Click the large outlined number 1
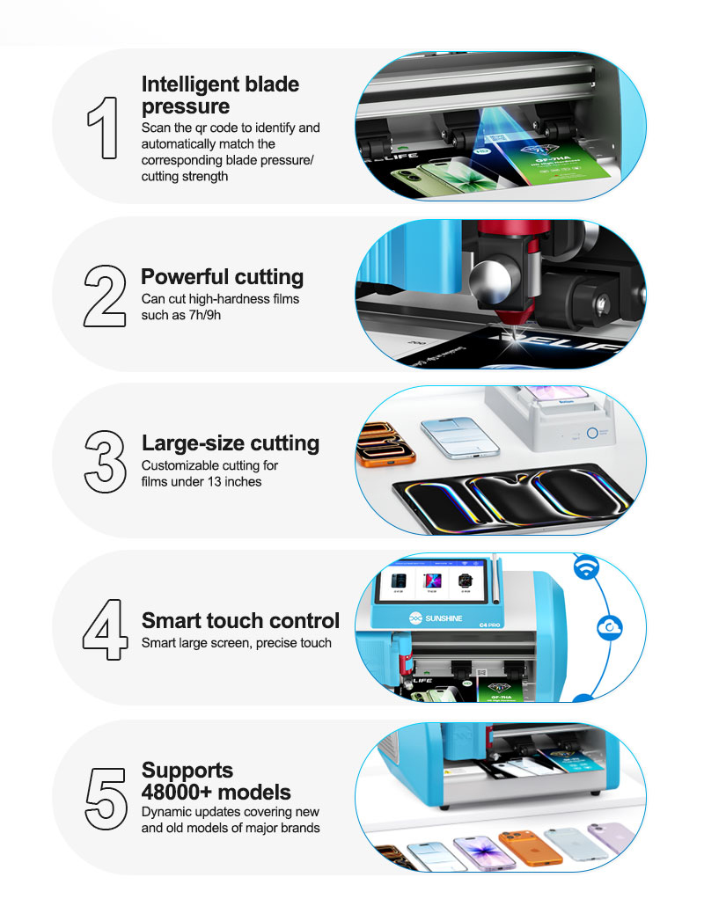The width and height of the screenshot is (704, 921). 105,128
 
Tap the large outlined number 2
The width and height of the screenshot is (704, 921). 105,296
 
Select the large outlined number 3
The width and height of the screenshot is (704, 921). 106,462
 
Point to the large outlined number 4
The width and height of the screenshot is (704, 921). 106,629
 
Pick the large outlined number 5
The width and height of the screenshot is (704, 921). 106,799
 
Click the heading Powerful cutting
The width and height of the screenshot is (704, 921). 222,277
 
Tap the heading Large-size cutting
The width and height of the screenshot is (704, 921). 231,443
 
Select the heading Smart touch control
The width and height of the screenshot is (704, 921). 240,620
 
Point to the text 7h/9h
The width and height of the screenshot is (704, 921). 205,315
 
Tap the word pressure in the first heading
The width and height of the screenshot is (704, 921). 186,106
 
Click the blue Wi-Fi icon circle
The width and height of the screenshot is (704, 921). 586,567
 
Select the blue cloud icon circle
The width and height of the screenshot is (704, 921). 609,628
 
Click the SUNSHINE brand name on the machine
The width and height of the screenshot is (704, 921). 444,618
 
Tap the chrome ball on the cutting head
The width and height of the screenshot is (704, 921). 495,279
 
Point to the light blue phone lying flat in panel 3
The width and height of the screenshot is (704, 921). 460,437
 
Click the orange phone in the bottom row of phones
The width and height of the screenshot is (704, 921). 530,848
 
